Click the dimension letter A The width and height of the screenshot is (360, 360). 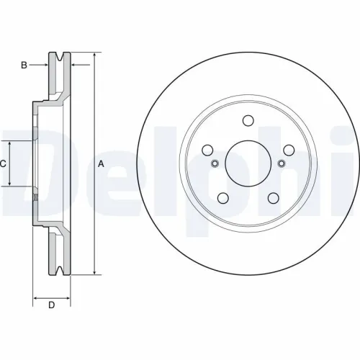pos(101,164)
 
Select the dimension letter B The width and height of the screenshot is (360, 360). pos(24,66)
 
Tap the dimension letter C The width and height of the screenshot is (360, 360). pos(3,164)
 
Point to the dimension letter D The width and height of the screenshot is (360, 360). pos(51,305)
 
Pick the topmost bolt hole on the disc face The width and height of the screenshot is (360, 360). pos(248,120)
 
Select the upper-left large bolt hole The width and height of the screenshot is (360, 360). pos(207,150)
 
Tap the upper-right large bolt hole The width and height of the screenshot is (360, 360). pos(288,150)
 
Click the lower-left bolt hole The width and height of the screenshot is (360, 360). pos(223,198)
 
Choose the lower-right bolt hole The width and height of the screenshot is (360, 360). pos(273,198)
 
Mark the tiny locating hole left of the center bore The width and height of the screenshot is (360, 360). pos(215,163)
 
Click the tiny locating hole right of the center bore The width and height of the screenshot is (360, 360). pos(281,163)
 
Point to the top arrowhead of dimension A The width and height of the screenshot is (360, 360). pos(94,55)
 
